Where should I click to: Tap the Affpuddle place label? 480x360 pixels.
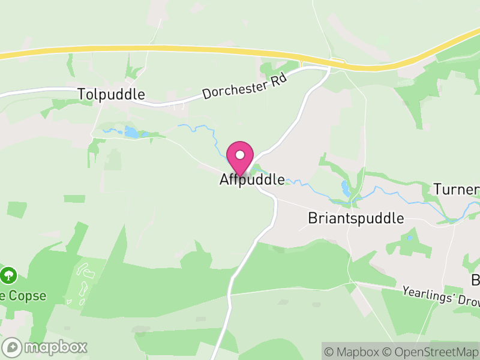(x=251, y=179)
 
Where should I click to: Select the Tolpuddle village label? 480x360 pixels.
(x=112, y=94)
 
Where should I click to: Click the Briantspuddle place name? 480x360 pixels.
(x=356, y=218)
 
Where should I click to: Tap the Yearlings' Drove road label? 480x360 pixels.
(x=441, y=295)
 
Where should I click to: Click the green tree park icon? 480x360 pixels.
(x=8, y=275)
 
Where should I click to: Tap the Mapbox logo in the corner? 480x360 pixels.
(x=45, y=347)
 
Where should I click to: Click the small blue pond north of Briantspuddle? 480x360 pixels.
(x=346, y=188)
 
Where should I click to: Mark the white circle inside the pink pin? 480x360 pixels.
(x=240, y=155)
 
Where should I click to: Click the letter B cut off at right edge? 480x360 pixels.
(x=475, y=280)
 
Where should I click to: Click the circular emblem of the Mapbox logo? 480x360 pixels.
(x=12, y=347)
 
